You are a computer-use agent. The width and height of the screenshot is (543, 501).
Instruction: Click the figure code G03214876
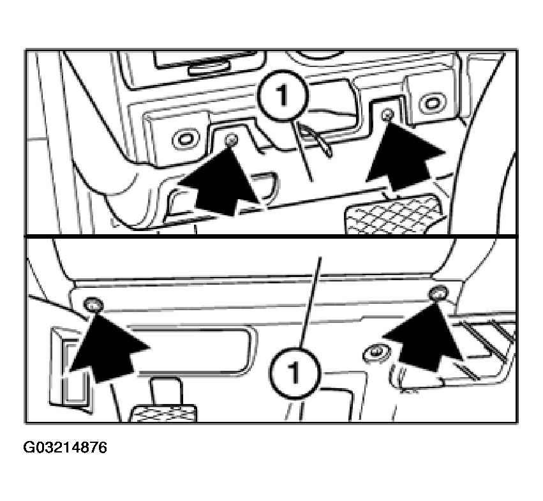(x=65, y=447)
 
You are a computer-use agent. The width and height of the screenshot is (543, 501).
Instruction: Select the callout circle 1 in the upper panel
(x=283, y=96)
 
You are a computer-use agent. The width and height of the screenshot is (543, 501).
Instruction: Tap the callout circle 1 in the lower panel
(x=295, y=373)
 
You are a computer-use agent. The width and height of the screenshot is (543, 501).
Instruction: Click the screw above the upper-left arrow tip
(x=230, y=140)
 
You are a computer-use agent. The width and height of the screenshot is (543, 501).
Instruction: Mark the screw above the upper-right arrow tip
(x=388, y=114)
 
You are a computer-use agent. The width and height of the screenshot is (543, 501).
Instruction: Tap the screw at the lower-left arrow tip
(x=94, y=305)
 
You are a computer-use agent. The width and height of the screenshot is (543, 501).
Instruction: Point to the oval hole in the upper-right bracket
(x=431, y=103)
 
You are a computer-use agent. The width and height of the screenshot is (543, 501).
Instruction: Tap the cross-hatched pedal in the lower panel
(x=163, y=414)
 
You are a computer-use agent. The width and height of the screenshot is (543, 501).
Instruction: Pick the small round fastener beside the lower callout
(x=375, y=354)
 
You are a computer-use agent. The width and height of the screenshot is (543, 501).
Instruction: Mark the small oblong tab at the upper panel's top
(x=209, y=68)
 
